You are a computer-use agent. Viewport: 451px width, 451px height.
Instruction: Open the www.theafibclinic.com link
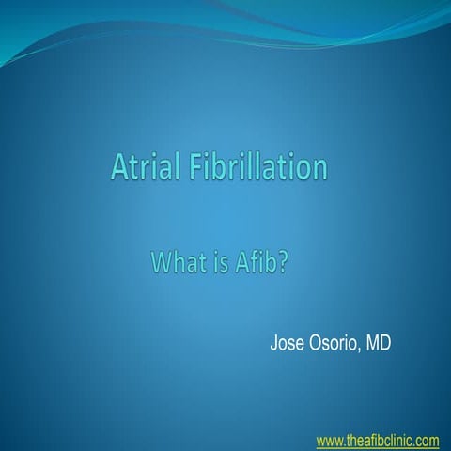(x=378, y=440)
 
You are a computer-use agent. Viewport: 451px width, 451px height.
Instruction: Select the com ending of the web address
(x=428, y=440)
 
